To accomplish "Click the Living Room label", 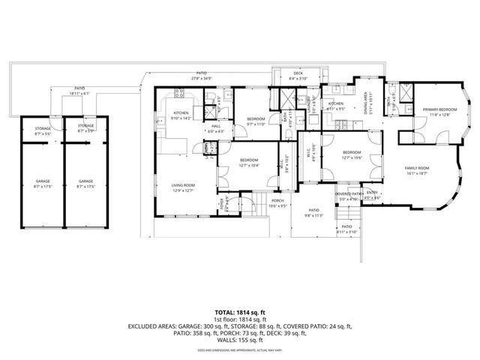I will coord(182,187).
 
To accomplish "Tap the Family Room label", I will coord(416,169).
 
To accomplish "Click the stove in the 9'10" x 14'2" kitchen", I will coord(179,94).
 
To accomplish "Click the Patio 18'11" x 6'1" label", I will coord(74,92).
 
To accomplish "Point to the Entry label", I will coord(373,193).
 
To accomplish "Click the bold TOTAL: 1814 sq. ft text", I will coord(239,311).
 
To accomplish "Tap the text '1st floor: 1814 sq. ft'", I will coord(239,319).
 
